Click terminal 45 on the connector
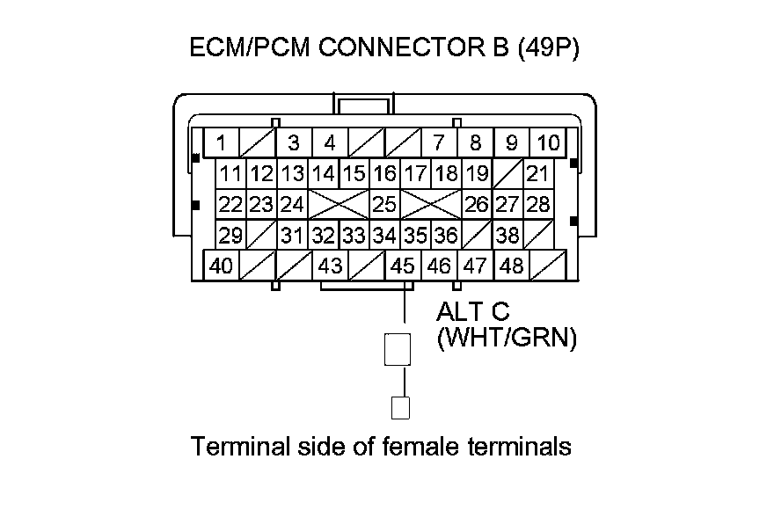pos(402,265)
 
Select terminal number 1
pos(223,142)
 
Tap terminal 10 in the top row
pos(548,142)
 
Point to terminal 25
pos(383,205)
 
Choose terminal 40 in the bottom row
pos(222,265)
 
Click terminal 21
pos(537,173)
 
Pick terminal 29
pos(230,235)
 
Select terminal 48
pos(511,265)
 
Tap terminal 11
pos(230,173)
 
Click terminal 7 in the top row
pos(438,142)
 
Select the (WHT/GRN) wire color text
pos(507,339)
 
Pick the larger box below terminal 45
pos(398,349)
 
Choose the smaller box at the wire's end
pos(401,407)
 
